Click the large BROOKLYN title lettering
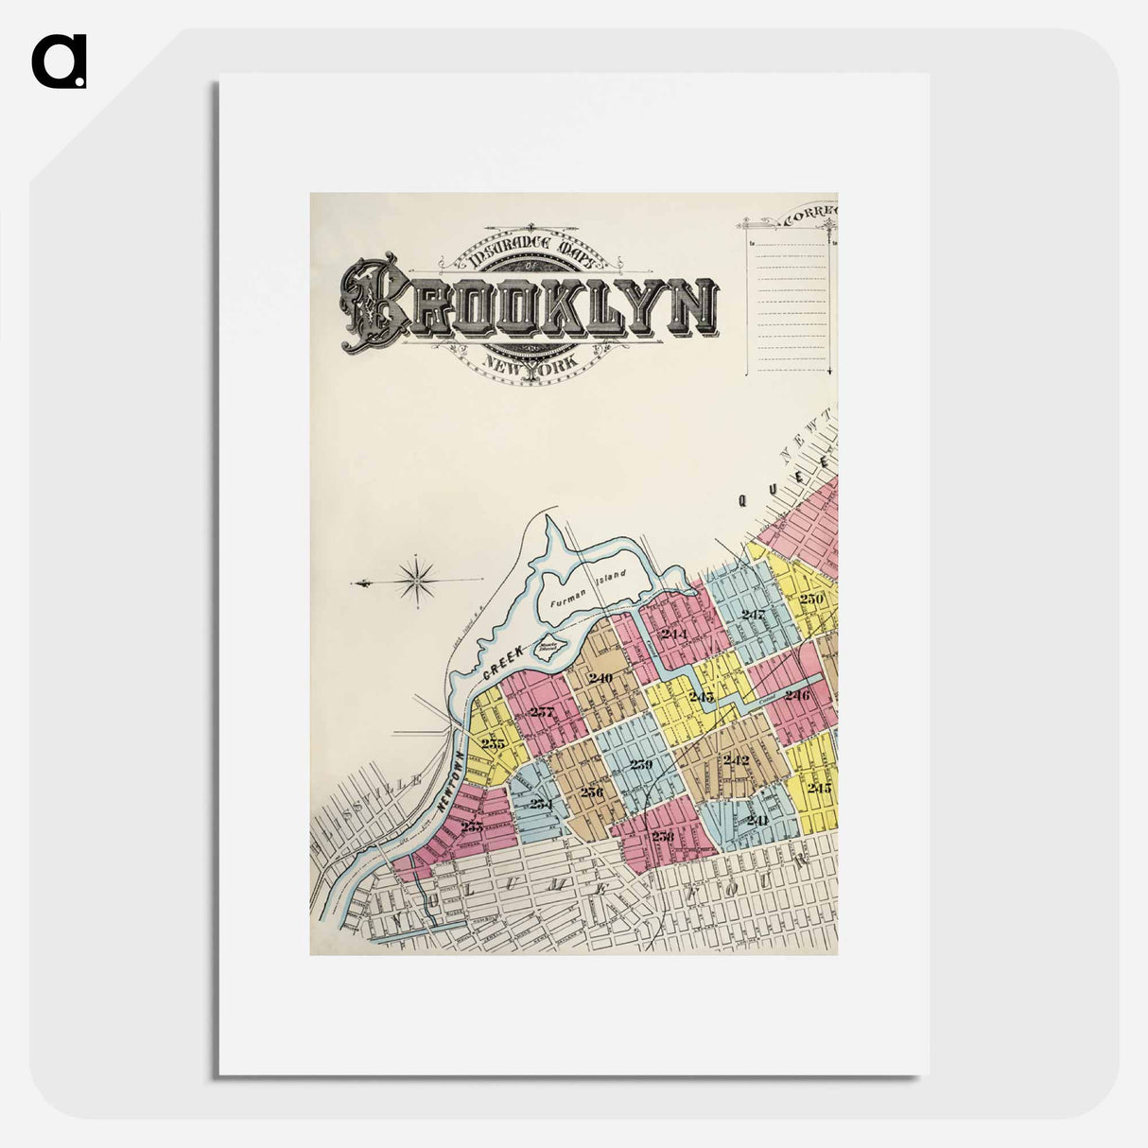click(x=530, y=304)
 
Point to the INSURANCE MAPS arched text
click(x=530, y=248)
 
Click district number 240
click(x=600, y=678)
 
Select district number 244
click(x=673, y=634)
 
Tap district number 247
click(x=754, y=615)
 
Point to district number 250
click(x=811, y=599)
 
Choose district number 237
click(x=541, y=712)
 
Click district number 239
click(x=641, y=764)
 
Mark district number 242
click(x=735, y=760)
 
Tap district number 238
click(x=662, y=836)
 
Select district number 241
click(x=757, y=819)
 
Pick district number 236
click(x=591, y=791)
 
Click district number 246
click(x=796, y=695)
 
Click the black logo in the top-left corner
click(x=59, y=61)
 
